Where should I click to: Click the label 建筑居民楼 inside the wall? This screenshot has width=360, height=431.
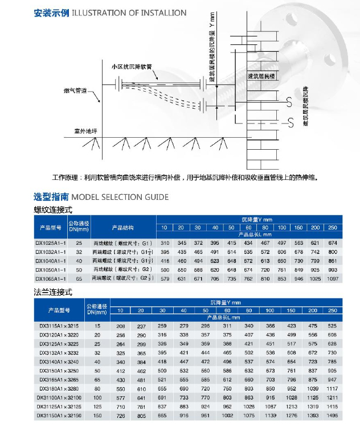point(261,75)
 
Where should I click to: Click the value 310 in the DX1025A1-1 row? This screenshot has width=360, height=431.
point(165,243)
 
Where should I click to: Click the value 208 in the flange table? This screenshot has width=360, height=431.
point(120,325)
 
